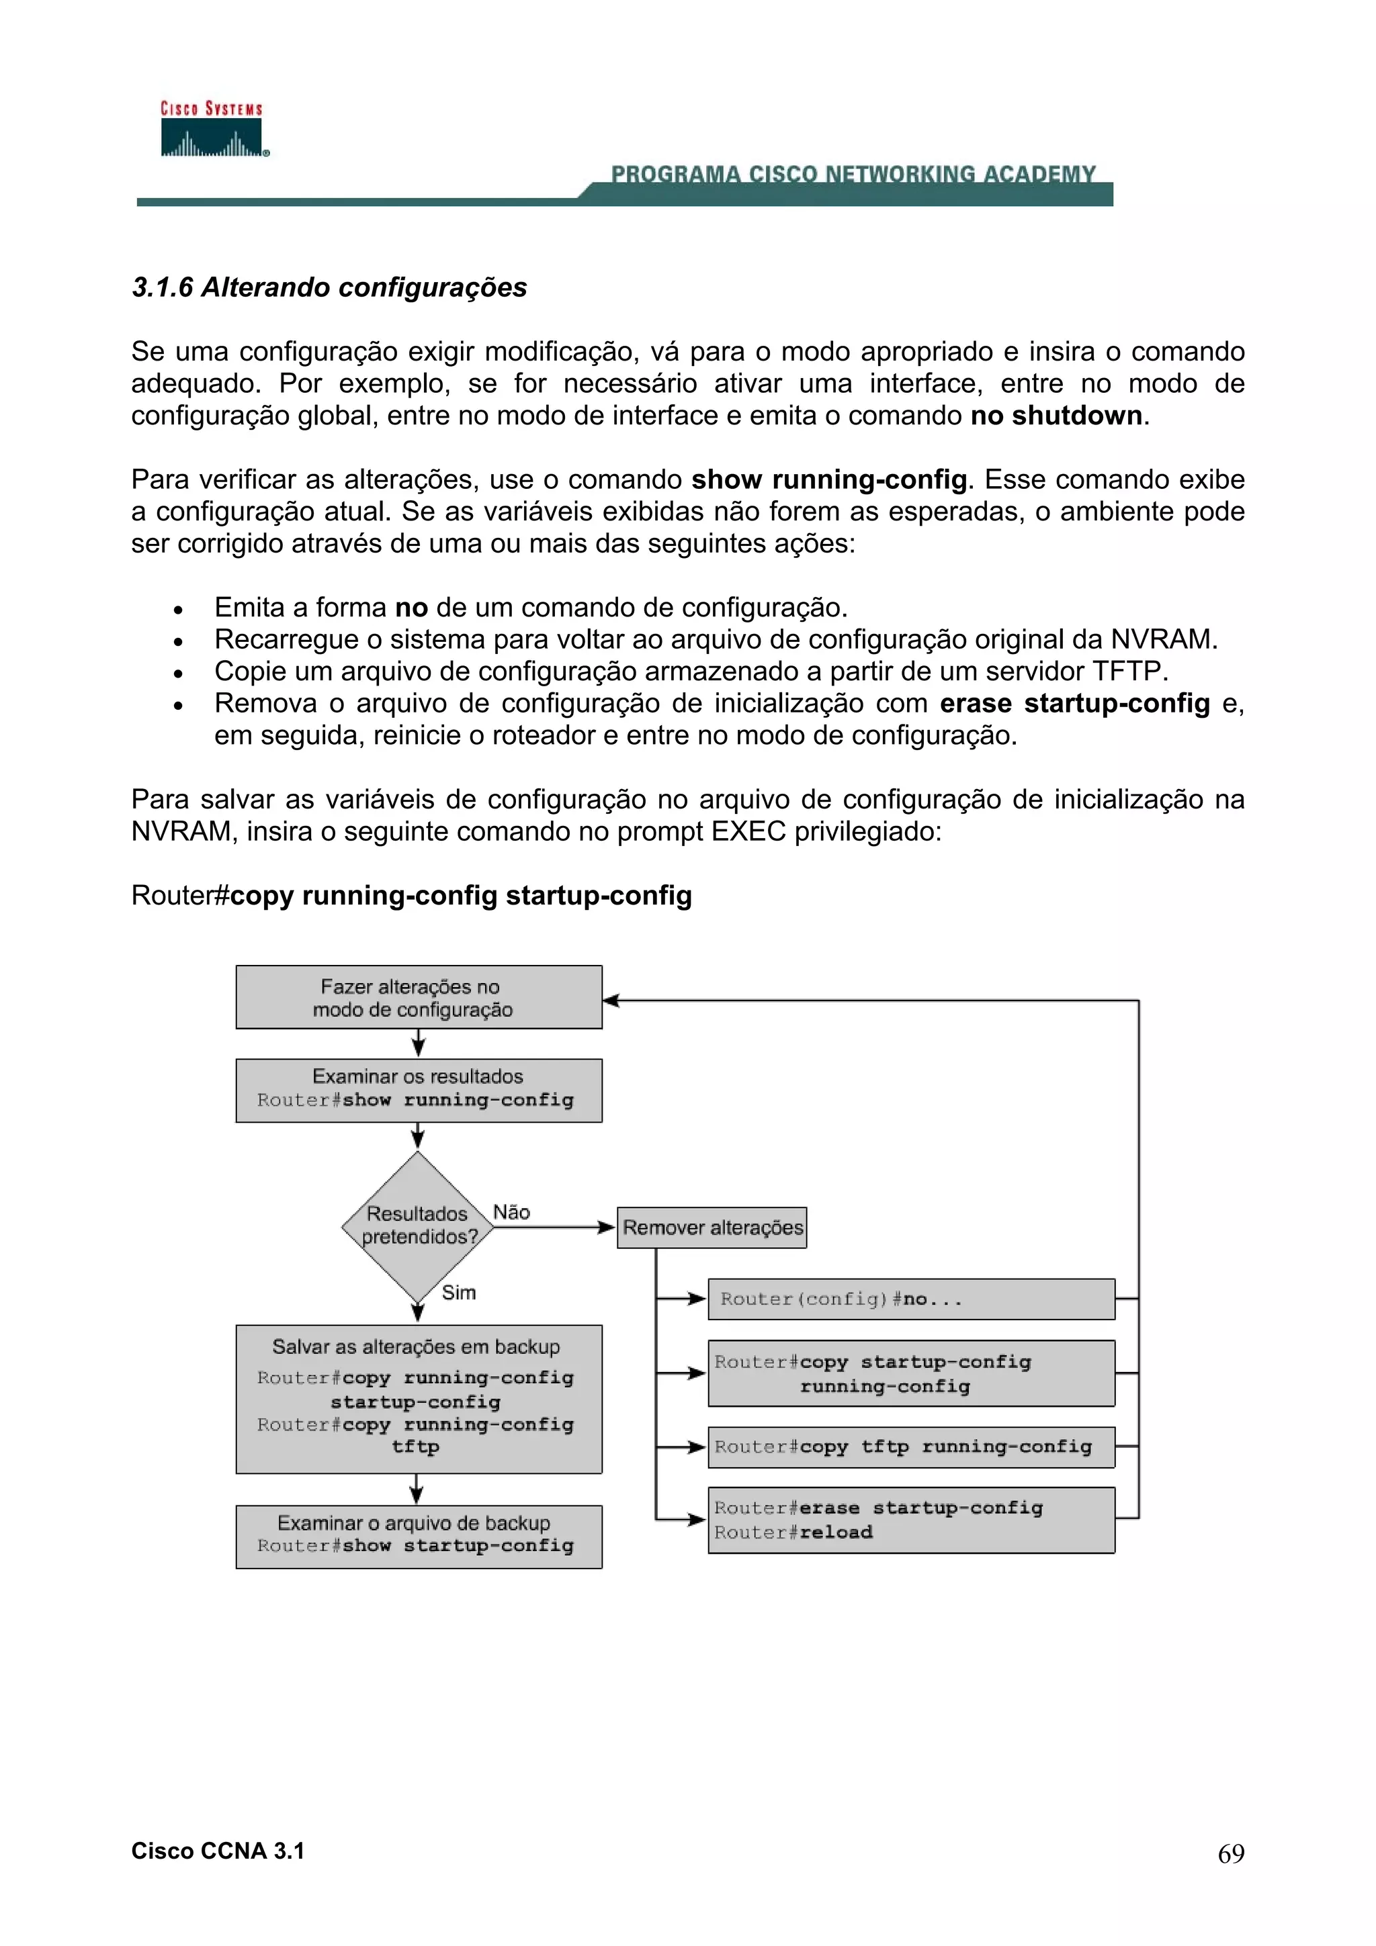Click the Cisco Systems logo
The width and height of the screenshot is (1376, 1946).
[x=213, y=130]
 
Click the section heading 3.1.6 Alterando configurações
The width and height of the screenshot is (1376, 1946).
[x=329, y=287]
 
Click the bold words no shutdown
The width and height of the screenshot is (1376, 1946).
[x=1056, y=416]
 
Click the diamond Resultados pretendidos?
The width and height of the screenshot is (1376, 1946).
[x=417, y=1225]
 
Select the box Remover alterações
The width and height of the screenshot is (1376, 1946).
[x=712, y=1227]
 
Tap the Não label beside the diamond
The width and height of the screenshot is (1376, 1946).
[x=511, y=1212]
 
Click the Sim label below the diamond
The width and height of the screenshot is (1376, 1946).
[x=459, y=1293]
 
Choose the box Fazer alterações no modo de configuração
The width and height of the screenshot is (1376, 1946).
[x=419, y=998]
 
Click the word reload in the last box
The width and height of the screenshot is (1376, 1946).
[x=836, y=1532]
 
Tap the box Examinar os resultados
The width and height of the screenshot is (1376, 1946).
[x=419, y=1090]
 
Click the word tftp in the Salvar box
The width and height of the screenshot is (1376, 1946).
[x=415, y=1447]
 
